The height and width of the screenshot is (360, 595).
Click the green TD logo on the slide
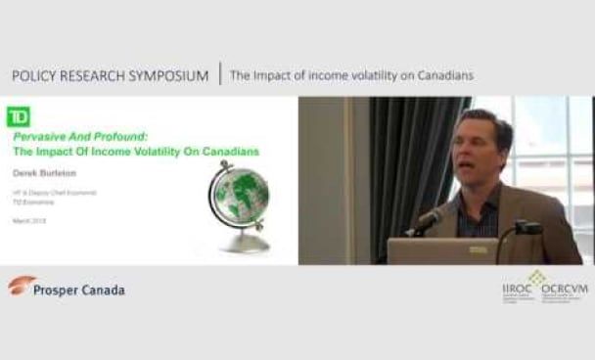click(18, 116)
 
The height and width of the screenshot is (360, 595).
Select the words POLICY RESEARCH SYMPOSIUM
click(110, 76)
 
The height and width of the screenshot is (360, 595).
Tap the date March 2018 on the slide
click(29, 220)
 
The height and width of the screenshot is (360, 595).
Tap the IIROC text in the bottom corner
click(517, 290)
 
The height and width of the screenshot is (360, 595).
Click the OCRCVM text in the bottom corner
click(565, 290)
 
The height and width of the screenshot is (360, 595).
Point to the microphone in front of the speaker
click(427, 220)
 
